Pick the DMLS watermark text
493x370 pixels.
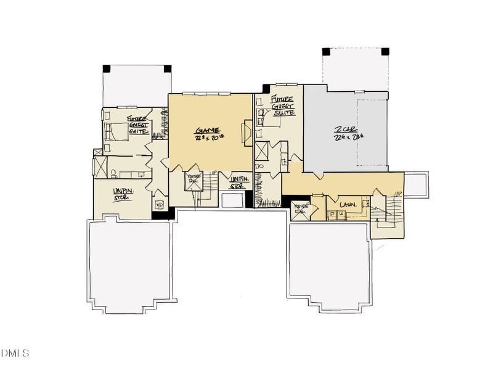point(15,353)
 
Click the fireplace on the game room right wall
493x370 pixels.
point(248,131)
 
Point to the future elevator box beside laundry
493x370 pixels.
point(300,208)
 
